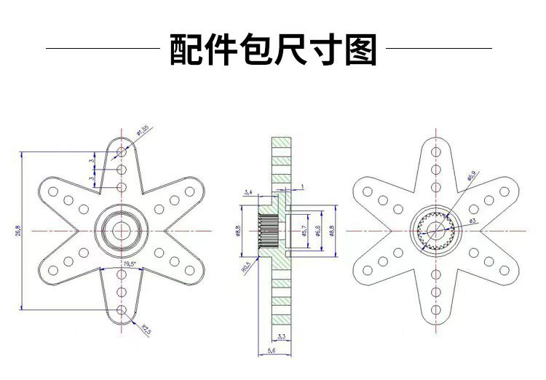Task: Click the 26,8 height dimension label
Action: tap(17, 231)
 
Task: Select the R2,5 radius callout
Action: tap(146, 330)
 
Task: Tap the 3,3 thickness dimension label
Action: tap(280, 336)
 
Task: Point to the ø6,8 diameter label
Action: tap(317, 231)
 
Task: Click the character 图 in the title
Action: tap(358, 49)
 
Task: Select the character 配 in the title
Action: tap(188, 49)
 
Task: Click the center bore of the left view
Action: tap(120, 231)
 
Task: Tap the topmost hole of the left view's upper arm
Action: tap(121, 151)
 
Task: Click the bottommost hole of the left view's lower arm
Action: tap(121, 311)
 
